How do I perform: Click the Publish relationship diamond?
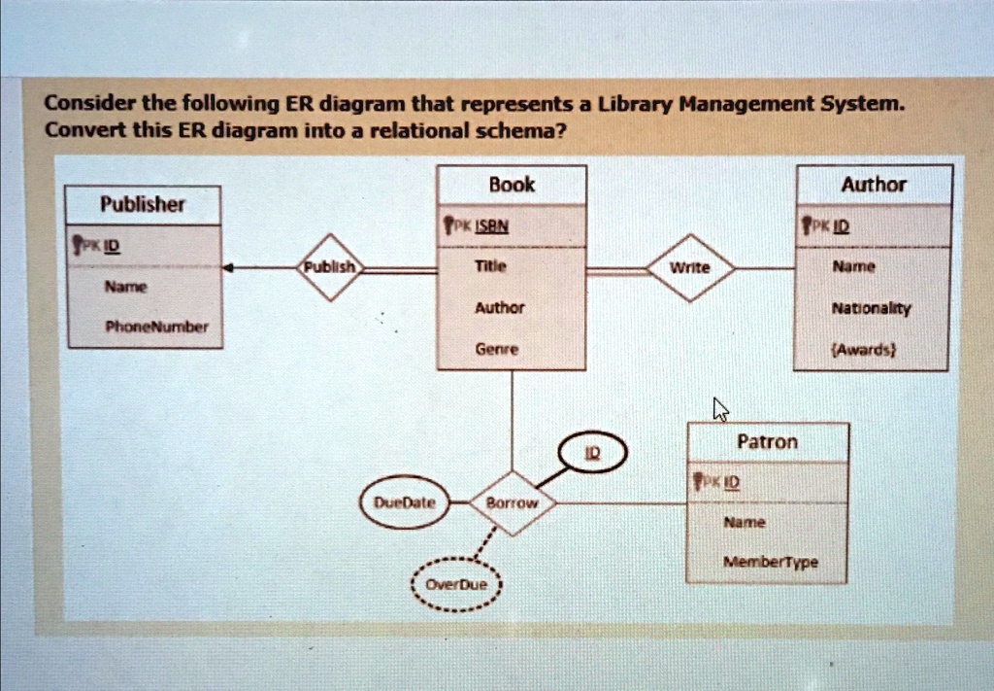[330, 267]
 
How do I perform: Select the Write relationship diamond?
[690, 268]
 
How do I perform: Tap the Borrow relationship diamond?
[513, 503]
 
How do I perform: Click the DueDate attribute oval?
[405, 502]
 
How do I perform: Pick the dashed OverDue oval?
[456, 584]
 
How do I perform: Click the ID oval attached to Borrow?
[593, 453]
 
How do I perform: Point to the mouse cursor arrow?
[720, 409]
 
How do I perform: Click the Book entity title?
[512, 185]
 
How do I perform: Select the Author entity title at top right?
[874, 185]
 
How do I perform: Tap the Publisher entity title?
[143, 204]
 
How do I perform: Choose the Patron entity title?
[767, 441]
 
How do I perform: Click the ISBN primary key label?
[492, 225]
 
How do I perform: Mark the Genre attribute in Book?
[497, 349]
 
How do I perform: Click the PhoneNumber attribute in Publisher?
[156, 328]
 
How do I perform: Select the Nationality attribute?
[871, 309]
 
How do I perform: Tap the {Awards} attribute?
[872, 350]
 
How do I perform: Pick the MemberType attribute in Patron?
[771, 562]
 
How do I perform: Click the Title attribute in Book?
[490, 266]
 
